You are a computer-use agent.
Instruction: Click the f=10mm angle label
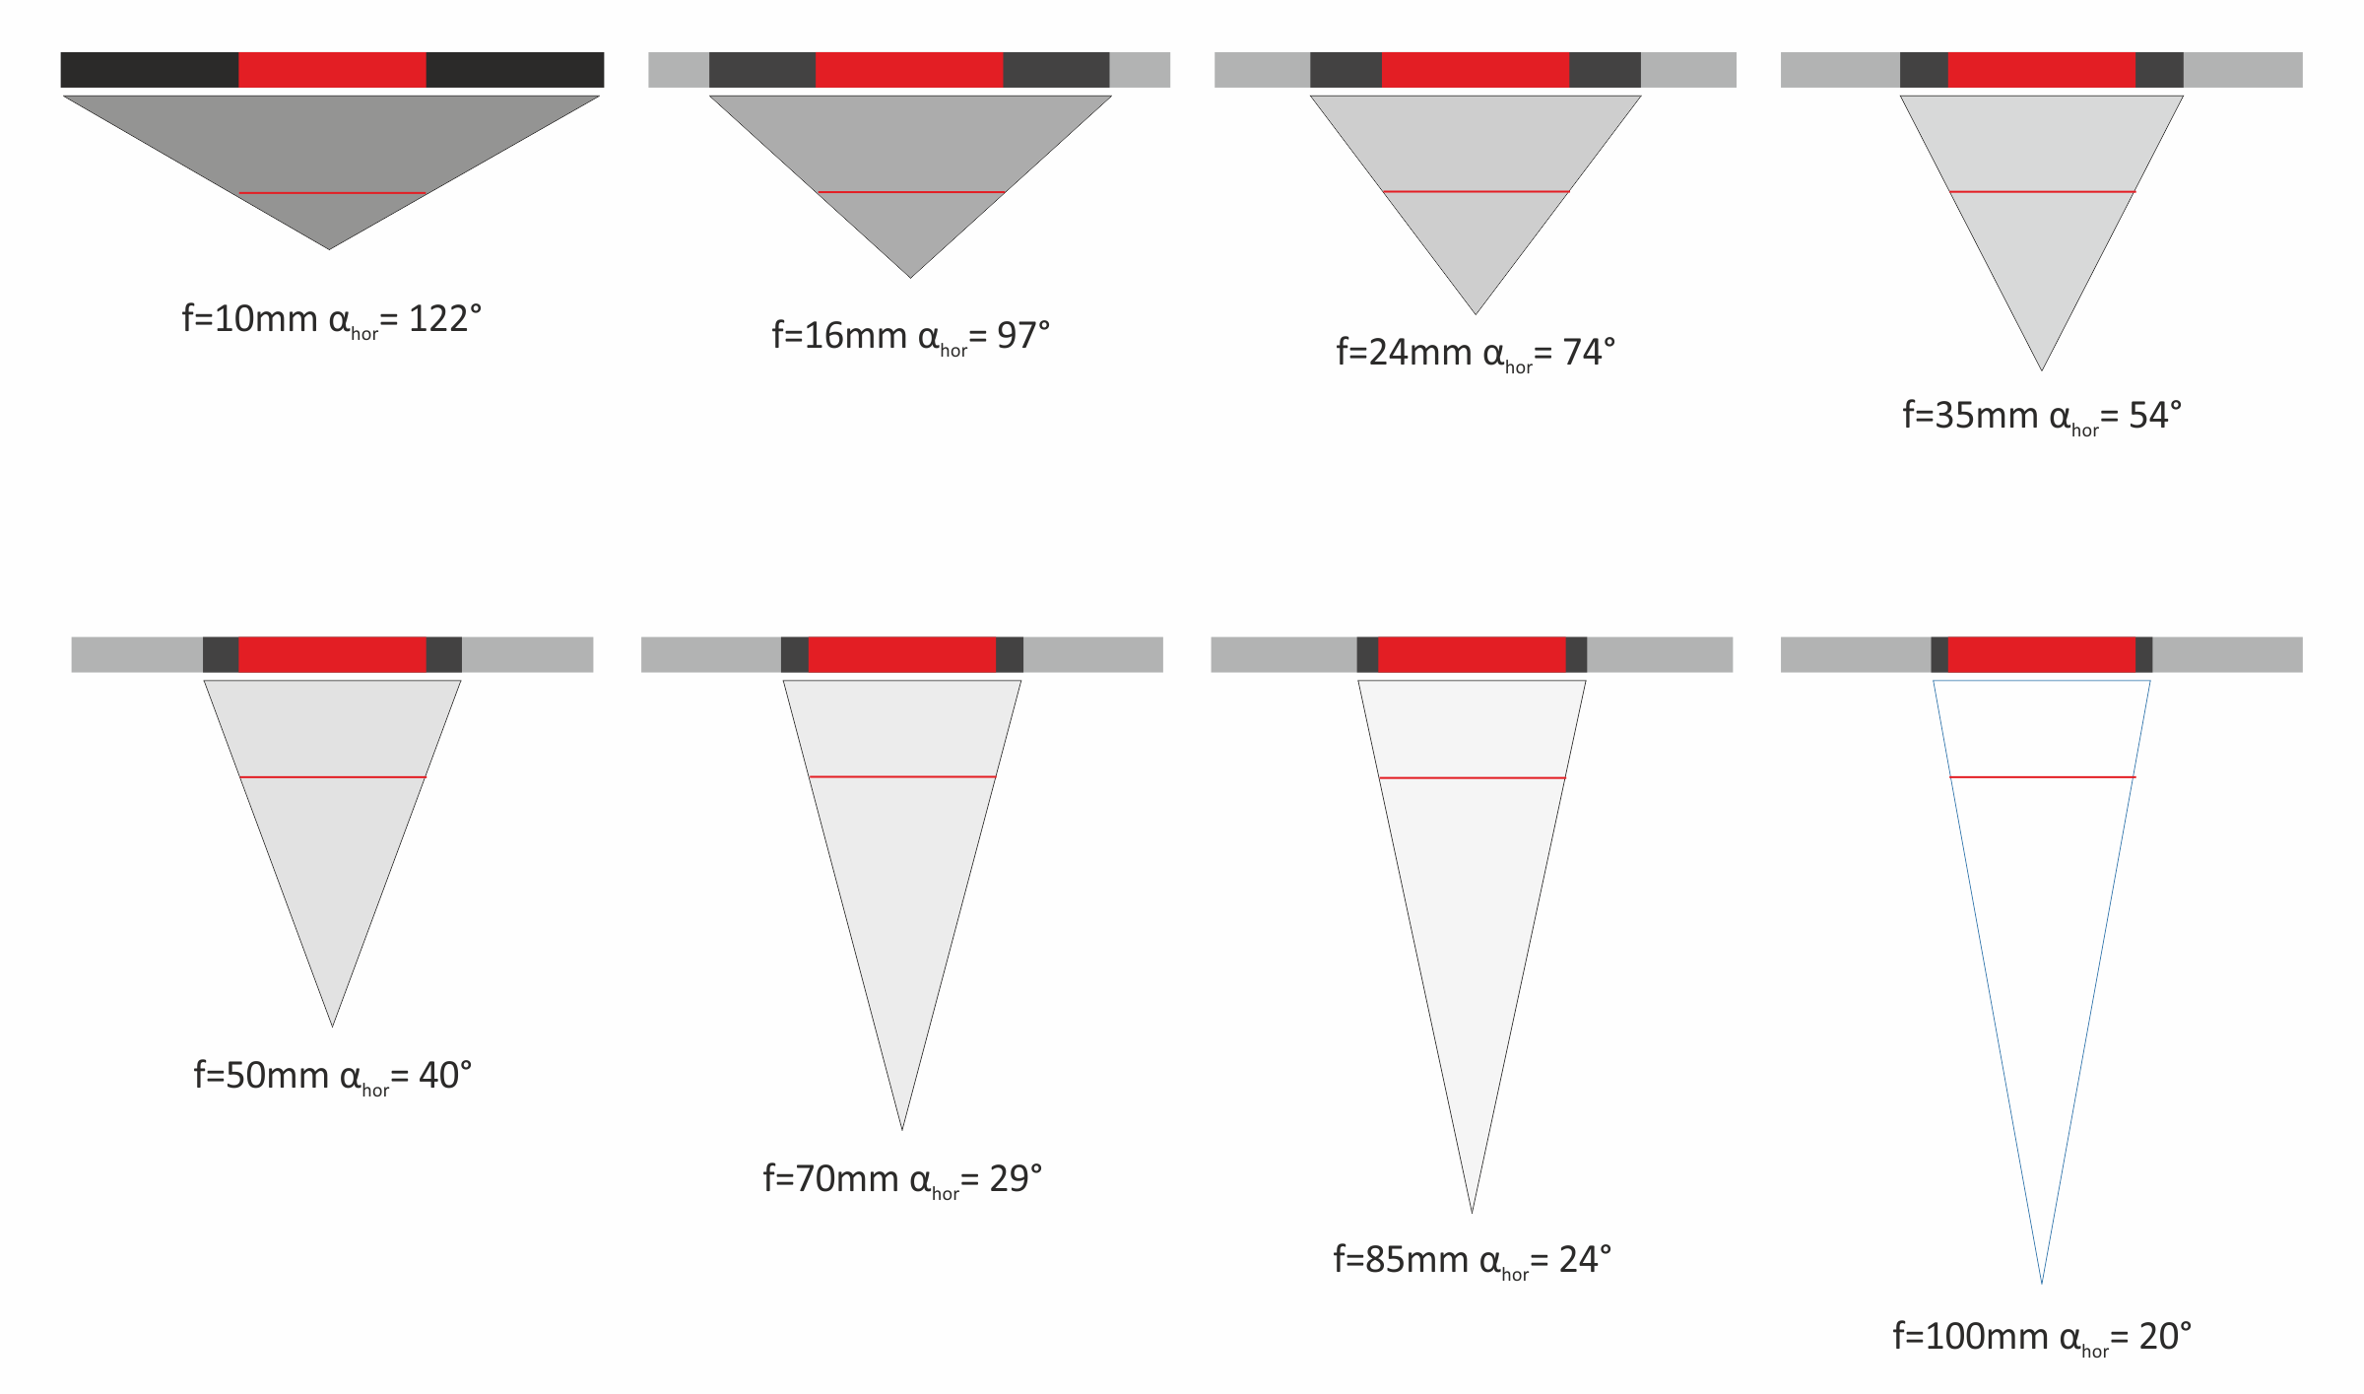[332, 320]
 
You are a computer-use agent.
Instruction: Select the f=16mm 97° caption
[911, 337]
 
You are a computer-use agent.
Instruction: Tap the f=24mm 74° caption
[1476, 354]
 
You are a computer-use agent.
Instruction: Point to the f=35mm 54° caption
[2042, 417]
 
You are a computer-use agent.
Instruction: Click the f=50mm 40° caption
[333, 1077]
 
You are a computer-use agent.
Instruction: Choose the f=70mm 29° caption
[902, 1180]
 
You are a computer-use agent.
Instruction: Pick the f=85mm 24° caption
[1473, 1261]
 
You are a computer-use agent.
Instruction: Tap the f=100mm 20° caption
[2042, 1338]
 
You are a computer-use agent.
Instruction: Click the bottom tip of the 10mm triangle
[329, 249]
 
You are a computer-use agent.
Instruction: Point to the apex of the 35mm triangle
[2042, 370]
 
